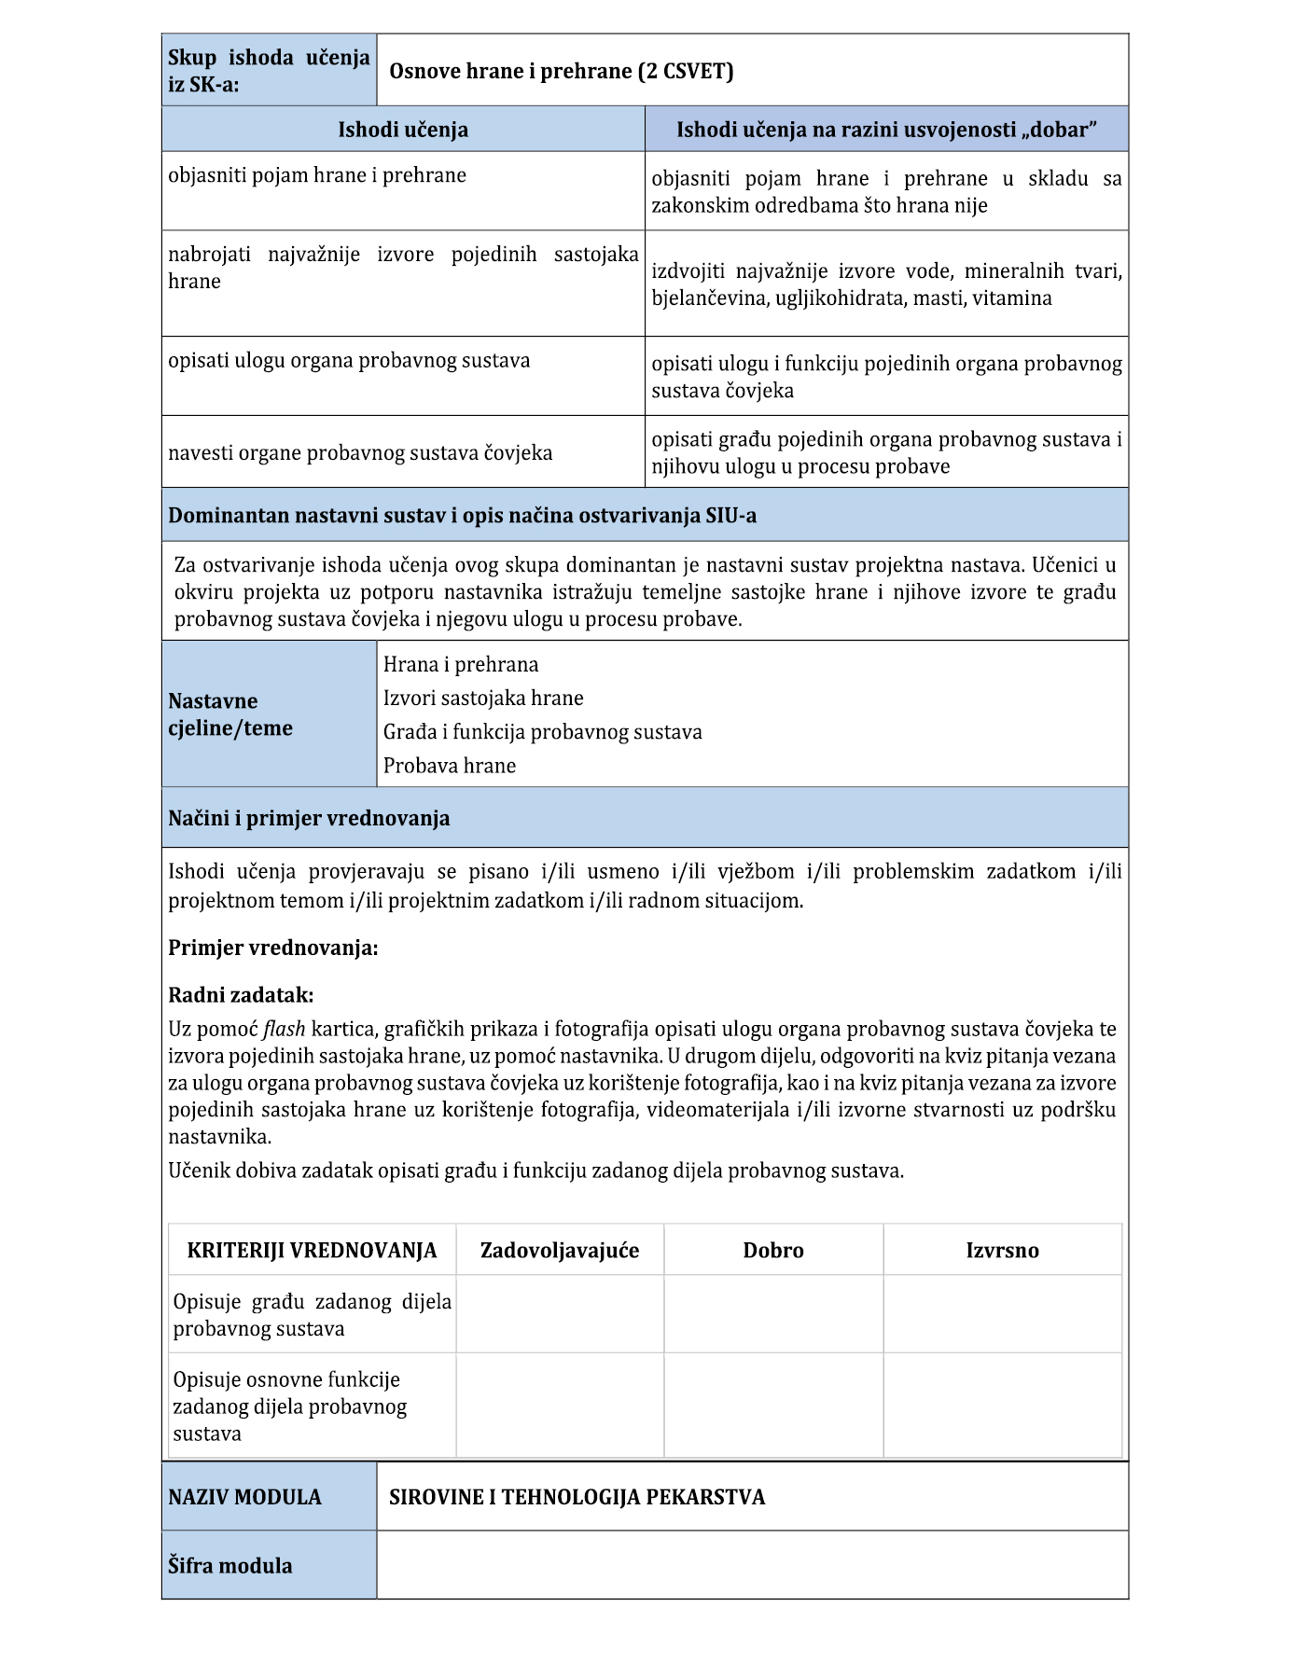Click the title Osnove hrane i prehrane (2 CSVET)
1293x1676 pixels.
[x=561, y=72]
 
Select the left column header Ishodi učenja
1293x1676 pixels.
[x=403, y=130]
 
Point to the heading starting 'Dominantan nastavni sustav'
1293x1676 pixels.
[x=462, y=516]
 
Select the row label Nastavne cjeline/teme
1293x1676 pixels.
[x=230, y=714]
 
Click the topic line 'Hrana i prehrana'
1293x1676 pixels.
[x=461, y=664]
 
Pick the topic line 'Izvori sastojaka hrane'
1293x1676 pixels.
[x=483, y=698]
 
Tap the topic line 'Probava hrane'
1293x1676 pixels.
[x=450, y=766]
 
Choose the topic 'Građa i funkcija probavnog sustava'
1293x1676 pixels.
[x=542, y=732]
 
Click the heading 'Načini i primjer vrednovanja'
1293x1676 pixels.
[x=309, y=818]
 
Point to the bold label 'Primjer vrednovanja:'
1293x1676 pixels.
[x=273, y=949]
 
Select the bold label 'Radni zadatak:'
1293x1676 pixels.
[x=241, y=995]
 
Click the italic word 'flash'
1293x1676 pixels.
[x=284, y=1030]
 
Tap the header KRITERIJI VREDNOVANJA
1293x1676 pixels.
[x=312, y=1251]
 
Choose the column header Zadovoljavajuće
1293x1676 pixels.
[x=560, y=1251]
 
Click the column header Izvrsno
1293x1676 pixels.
[x=1002, y=1251]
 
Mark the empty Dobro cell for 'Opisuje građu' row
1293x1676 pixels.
[x=773, y=1314]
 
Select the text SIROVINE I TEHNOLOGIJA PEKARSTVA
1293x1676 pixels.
[x=577, y=1497]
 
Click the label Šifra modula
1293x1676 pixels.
[x=230, y=1566]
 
